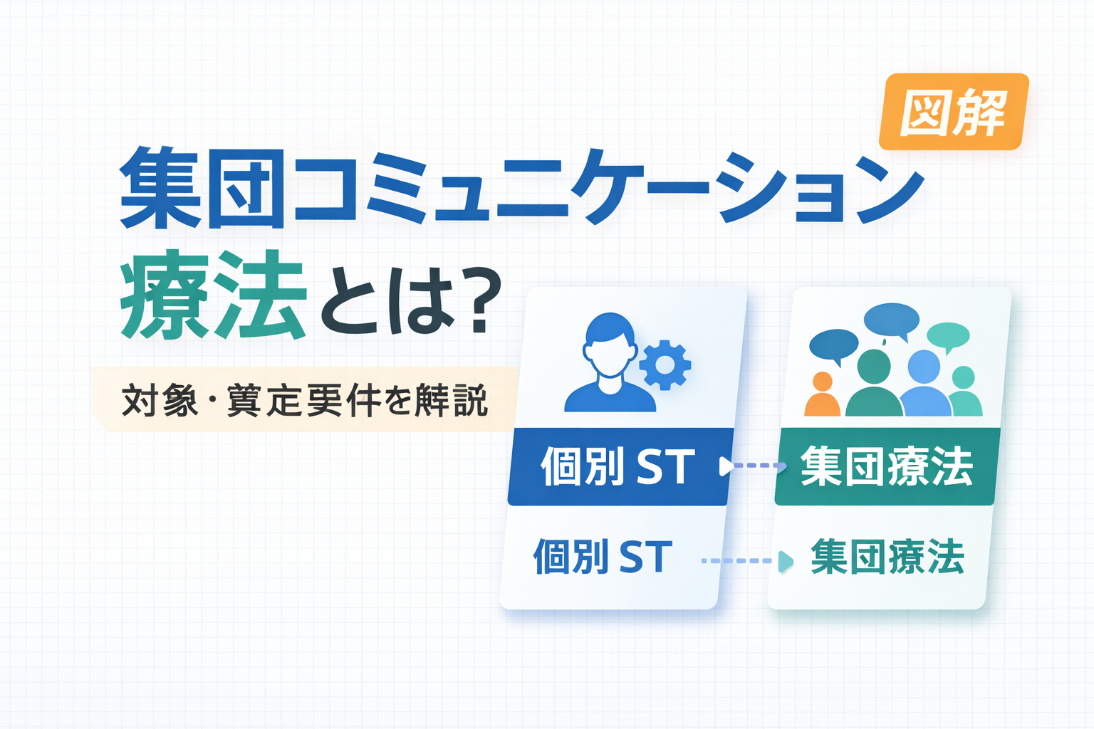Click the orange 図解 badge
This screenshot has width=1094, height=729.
(x=954, y=112)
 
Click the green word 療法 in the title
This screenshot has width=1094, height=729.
(x=214, y=295)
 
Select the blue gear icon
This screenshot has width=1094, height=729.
(x=665, y=364)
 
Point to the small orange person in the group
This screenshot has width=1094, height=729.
(x=823, y=394)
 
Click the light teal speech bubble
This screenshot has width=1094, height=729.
(x=948, y=337)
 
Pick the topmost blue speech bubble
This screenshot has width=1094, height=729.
(x=891, y=320)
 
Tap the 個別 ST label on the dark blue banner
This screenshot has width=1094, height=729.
(x=618, y=466)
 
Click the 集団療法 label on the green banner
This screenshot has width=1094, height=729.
(x=887, y=466)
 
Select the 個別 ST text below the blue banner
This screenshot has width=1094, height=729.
(x=603, y=556)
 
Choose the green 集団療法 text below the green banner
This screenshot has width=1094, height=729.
(x=887, y=557)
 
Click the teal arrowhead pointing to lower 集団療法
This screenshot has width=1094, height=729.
(x=786, y=562)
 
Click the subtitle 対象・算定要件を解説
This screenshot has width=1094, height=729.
(x=304, y=400)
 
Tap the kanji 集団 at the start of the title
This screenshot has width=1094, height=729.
(x=202, y=188)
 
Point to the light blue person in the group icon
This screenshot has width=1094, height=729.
(x=924, y=384)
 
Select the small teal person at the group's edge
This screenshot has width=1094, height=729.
(x=965, y=392)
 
